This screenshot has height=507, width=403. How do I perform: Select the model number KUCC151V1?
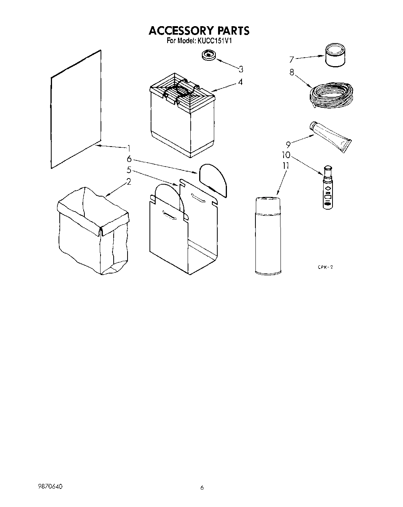coord(214,40)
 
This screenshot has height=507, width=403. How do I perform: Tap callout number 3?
coord(241,69)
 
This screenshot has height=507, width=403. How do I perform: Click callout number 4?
coord(240,82)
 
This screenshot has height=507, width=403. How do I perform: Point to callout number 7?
coord(292,59)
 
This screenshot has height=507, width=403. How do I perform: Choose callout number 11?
coord(285,166)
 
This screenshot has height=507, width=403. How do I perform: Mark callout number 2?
coord(129,182)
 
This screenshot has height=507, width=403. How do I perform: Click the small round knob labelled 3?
coord(208,55)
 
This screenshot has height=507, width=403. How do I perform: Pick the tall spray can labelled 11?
coord(268,235)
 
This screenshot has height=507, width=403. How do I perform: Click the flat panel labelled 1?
coord(76,110)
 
